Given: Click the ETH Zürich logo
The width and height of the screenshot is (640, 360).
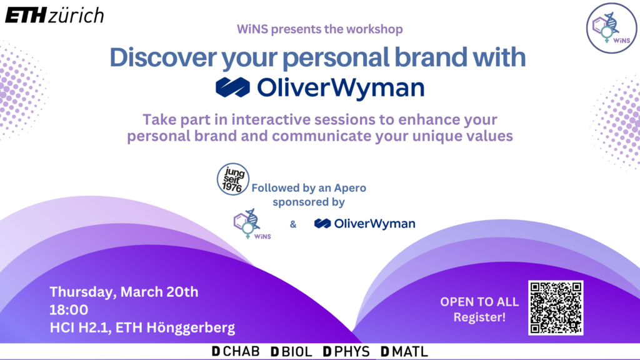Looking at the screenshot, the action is point(54,16).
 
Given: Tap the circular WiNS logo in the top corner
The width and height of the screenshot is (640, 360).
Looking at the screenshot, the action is point(611,27).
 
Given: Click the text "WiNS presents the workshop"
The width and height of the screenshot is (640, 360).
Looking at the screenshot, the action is point(319,29).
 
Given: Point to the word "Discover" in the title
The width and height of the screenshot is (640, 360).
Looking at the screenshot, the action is point(163,57).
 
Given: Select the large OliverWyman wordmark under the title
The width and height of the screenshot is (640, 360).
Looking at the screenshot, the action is point(341,87).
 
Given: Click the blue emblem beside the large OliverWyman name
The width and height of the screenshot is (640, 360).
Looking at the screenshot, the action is point(232,87).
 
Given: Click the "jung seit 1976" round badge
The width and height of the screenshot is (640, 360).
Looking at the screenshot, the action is point(233,179).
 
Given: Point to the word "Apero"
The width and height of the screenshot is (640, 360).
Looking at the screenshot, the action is point(350,188).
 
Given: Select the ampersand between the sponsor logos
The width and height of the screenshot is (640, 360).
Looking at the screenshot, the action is point(293,224).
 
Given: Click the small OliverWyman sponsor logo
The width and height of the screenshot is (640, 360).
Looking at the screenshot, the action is point(364,224).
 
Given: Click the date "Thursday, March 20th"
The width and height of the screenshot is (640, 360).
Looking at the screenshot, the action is point(124,292).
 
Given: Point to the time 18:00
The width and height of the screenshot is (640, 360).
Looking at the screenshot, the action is point(69,310).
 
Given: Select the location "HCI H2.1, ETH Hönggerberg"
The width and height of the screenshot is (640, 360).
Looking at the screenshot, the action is point(142,327).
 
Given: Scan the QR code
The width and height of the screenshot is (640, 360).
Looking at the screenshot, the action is point(556,307).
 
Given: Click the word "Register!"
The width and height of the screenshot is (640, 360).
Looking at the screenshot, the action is point(479,317).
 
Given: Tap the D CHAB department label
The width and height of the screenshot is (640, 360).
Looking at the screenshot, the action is point(236,351).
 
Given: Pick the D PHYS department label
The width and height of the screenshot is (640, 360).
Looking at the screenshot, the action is point(346,351).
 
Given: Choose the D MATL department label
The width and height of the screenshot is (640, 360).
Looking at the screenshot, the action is point(404,351).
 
